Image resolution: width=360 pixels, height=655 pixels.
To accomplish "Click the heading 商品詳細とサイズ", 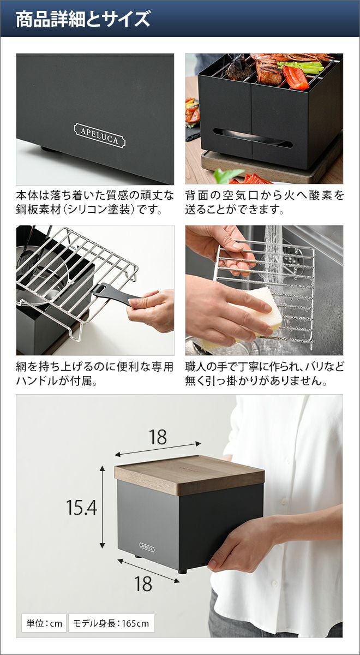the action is [x=83, y=20].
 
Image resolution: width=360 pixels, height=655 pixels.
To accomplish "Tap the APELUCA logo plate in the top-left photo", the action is [x=100, y=135].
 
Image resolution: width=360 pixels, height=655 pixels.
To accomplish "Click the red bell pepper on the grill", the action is [x=295, y=78].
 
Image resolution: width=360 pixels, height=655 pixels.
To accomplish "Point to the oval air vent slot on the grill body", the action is [x=253, y=138].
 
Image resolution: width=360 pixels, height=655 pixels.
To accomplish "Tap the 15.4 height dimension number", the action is [x=81, y=507].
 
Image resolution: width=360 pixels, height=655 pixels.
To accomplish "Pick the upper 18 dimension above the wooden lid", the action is [x=158, y=437].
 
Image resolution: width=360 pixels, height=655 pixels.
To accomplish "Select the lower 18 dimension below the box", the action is [x=143, y=584].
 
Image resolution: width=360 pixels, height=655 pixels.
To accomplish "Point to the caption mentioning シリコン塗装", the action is [x=95, y=203].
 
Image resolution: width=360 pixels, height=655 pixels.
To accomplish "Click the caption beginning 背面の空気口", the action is [x=264, y=203].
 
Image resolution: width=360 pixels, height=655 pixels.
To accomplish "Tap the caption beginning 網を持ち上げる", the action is [x=95, y=374].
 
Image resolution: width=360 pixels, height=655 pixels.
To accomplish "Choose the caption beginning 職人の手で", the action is [x=264, y=374].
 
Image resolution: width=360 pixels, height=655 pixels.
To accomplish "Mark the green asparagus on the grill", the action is [x=301, y=67].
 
